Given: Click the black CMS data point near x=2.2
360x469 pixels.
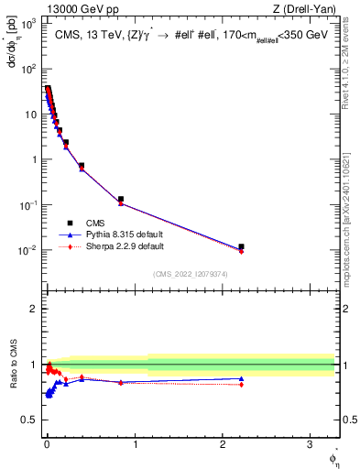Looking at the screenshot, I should point(241,246).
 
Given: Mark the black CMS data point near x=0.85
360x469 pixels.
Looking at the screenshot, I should point(121,199).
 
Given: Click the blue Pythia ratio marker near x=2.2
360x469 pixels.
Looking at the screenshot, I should point(241,378).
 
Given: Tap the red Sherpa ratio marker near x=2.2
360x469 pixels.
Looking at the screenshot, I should point(241,385).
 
